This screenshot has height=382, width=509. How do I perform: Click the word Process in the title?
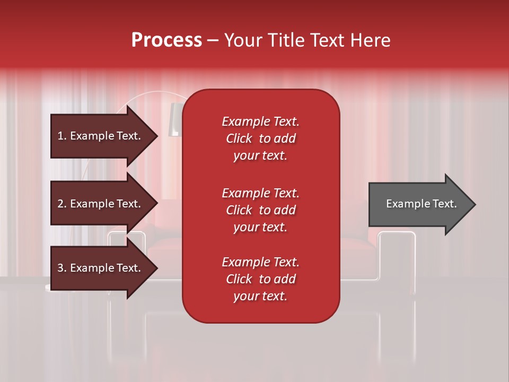pyautogui.click(x=166, y=40)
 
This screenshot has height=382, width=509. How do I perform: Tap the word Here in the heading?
pyautogui.click(x=369, y=40)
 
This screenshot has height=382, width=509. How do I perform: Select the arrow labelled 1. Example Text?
pyautogui.click(x=101, y=136)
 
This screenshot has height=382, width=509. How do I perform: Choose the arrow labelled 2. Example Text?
pyautogui.click(x=101, y=204)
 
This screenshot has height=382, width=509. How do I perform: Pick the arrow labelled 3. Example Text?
pyautogui.click(x=101, y=268)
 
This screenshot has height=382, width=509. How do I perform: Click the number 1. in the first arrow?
pyautogui.click(x=62, y=136)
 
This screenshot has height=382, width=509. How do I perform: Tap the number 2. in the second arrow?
pyautogui.click(x=62, y=204)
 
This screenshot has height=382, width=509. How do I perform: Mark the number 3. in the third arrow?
pyautogui.click(x=62, y=268)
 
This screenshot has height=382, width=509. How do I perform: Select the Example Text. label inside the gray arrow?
pyautogui.click(x=421, y=204)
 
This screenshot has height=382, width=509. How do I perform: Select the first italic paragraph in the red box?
pyautogui.click(x=260, y=138)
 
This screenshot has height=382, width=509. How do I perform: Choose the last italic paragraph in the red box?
pyautogui.click(x=260, y=279)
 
